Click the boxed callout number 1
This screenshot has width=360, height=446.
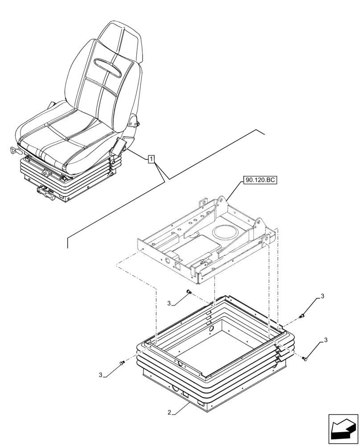[x=152, y=159]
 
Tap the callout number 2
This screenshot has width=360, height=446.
[x=169, y=413]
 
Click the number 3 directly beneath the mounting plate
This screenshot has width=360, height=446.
[x=169, y=304]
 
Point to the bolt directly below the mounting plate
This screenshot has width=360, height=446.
[x=188, y=293]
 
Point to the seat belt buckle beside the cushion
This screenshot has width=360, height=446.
[x=119, y=146]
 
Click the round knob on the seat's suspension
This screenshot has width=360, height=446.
[x=45, y=173]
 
